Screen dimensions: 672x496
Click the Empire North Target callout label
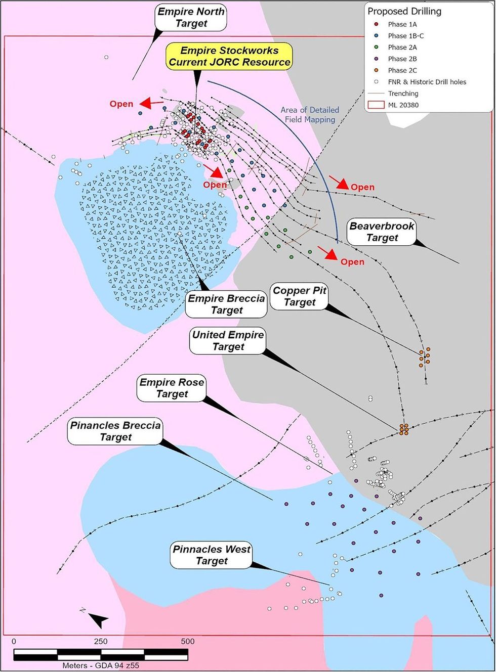[x=191, y=18]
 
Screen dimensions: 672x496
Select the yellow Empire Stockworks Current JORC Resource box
[x=229, y=56]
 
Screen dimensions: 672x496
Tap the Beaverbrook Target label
[x=382, y=232]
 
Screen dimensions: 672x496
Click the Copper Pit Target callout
[x=299, y=296]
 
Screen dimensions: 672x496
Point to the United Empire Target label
[x=228, y=341]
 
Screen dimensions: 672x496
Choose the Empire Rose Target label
[x=172, y=388]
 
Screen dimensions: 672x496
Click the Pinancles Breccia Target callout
[x=115, y=431]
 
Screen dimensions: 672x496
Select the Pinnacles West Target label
[x=212, y=555]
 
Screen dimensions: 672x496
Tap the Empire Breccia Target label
[x=226, y=304]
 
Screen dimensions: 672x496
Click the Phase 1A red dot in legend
[x=376, y=24]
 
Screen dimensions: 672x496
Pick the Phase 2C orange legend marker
[x=376, y=70]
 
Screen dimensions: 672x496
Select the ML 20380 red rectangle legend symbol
[x=376, y=105]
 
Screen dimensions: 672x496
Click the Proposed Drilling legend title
[x=404, y=11]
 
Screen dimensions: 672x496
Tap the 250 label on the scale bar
[x=101, y=641]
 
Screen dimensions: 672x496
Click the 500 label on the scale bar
[x=187, y=641]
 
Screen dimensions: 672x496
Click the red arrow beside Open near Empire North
[x=151, y=104]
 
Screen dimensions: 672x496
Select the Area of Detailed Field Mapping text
[x=310, y=115]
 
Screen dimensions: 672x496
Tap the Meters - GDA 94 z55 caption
[x=101, y=665]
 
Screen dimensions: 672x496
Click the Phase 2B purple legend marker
[x=376, y=59]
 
